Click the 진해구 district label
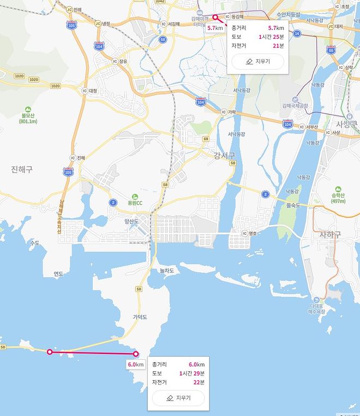(22, 169)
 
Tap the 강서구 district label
(225, 156)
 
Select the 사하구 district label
(329, 235)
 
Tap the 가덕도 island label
(140, 317)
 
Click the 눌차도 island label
(166, 270)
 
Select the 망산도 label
(131, 221)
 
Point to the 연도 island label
(58, 274)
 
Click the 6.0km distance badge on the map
(135, 364)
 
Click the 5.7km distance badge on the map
(215, 27)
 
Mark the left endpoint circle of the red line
(50, 352)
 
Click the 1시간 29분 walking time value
(191, 373)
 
